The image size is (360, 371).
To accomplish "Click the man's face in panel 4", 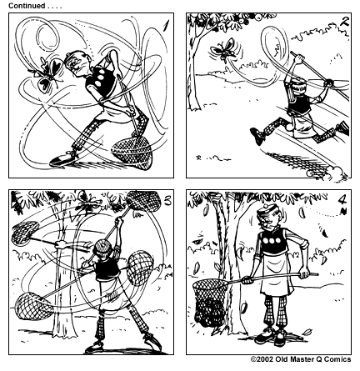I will coord(267,226).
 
